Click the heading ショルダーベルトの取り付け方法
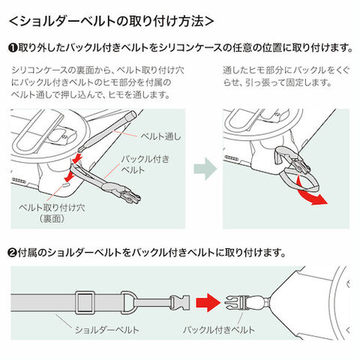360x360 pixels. [x=112, y=22]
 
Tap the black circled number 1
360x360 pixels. [x=13, y=48]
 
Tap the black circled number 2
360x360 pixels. [x=13, y=253]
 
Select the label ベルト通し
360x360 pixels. [x=160, y=136]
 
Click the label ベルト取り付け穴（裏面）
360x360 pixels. [x=52, y=213]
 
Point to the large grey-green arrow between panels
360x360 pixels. [x=205, y=169]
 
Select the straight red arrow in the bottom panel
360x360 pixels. [x=208, y=302]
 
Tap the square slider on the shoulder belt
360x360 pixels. [x=85, y=302]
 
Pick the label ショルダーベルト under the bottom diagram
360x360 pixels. [x=107, y=330]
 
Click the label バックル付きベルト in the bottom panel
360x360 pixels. [x=219, y=330]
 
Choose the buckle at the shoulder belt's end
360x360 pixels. [x=179, y=302]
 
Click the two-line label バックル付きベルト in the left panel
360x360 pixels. [x=145, y=164]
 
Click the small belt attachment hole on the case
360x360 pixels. [x=65, y=184]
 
